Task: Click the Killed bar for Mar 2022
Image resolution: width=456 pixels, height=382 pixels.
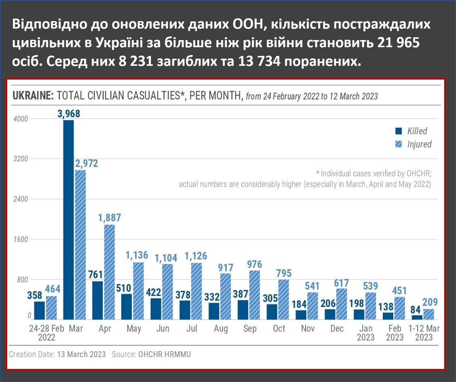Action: tap(69, 220)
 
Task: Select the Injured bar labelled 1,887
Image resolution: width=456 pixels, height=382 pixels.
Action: tap(109, 272)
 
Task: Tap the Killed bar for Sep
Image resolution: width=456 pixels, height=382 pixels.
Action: tap(243, 310)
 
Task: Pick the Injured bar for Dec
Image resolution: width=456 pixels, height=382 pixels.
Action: tap(341, 304)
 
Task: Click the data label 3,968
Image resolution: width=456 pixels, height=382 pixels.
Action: tap(69, 114)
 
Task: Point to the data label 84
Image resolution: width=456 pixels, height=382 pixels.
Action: tap(415, 310)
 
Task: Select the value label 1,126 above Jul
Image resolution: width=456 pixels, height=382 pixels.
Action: tap(196, 256)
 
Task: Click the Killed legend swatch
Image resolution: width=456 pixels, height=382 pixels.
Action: tap(399, 131)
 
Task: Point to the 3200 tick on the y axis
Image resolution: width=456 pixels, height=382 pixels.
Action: tap(20, 159)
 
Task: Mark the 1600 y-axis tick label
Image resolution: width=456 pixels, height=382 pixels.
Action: tap(20, 239)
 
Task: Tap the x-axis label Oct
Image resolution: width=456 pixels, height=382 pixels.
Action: tap(279, 328)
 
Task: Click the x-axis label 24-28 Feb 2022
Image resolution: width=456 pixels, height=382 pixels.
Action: tap(47, 333)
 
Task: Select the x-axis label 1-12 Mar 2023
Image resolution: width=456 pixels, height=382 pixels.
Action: tap(424, 333)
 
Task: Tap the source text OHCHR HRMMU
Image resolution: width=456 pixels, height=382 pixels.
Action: tap(164, 354)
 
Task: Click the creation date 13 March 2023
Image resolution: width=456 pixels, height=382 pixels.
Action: tap(81, 354)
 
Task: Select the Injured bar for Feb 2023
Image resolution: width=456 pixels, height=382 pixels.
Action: tap(400, 308)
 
